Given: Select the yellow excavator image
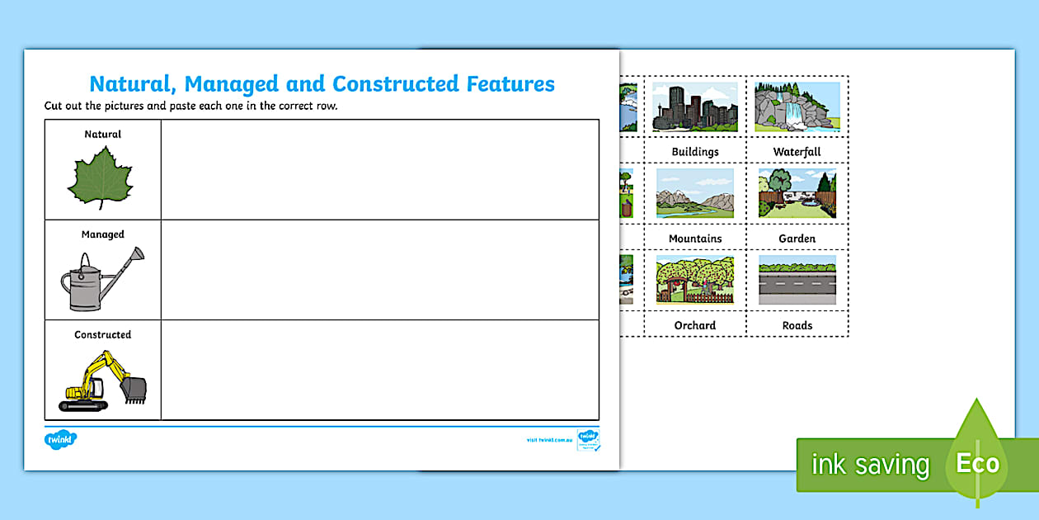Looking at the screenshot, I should coord(103,381).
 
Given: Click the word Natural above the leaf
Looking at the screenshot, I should coord(102,134).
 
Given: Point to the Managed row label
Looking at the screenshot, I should coord(102,234).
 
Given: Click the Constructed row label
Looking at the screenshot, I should coord(102,334).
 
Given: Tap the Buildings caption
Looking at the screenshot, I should coord(695,152).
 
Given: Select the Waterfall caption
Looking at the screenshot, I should coord(797,152).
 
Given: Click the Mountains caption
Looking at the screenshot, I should coord(695,239).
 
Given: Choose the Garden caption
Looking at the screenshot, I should coord(797,239).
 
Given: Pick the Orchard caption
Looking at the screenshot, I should coord(695,325).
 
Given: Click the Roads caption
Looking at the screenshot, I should coord(797,325).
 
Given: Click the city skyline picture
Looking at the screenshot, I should coord(695,106).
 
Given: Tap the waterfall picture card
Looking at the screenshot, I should coord(797,106).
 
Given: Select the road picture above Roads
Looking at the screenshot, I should coord(797,280).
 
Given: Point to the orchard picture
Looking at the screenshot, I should coord(695,280).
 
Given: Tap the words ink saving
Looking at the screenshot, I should coord(870,465).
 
